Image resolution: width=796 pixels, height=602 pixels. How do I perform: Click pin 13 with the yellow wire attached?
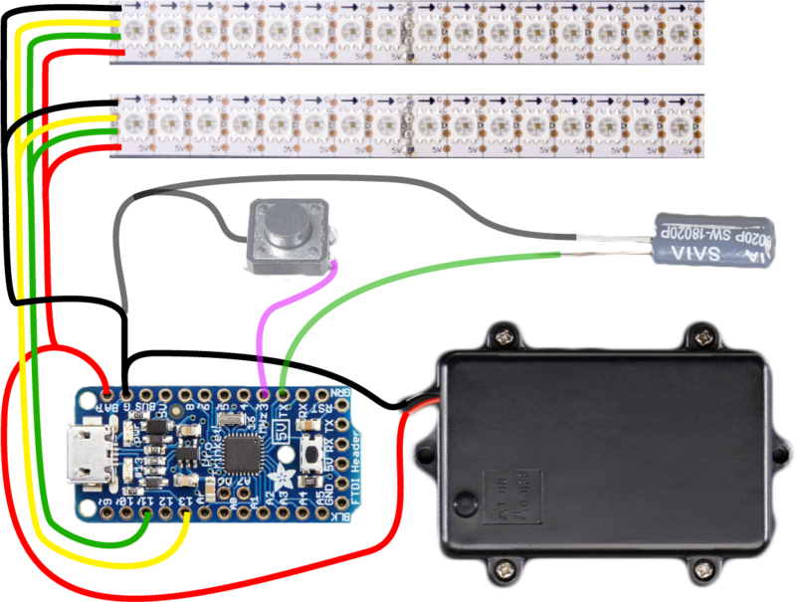click(186, 514)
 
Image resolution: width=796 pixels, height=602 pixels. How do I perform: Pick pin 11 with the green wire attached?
click(146, 514)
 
